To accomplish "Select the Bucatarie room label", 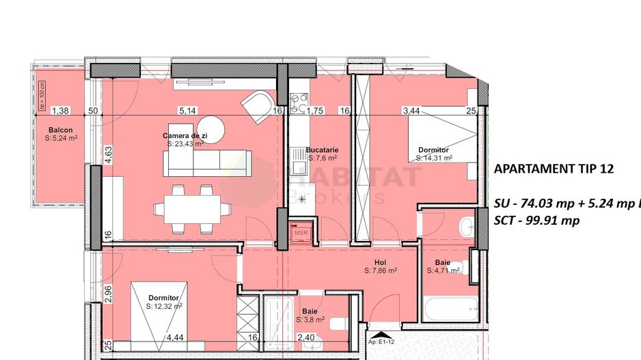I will pyautogui.click(x=323, y=150).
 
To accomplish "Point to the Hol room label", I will pyautogui.click(x=381, y=262).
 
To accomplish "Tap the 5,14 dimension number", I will pyautogui.click(x=187, y=110).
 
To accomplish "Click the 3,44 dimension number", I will pyautogui.click(x=411, y=110).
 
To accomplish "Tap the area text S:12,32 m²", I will pyautogui.click(x=163, y=307).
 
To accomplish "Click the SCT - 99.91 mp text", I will pyautogui.click(x=536, y=220).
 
